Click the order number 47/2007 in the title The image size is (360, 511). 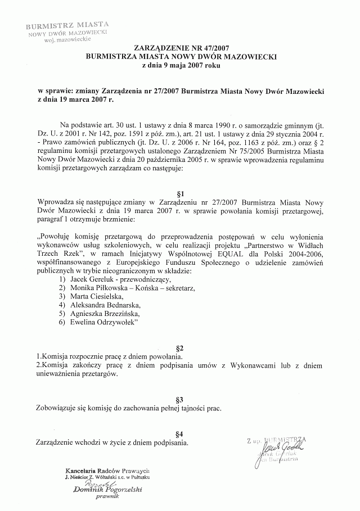click(210, 49)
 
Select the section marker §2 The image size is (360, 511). click(180, 348)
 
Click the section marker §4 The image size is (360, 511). click(180, 433)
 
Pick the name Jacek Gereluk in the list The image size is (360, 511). click(91, 279)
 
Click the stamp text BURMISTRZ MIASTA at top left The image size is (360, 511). click(67, 25)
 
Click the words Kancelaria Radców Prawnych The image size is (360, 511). click(107, 470)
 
